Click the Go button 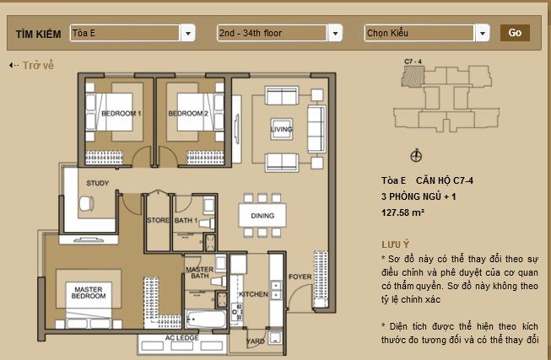point(515,33)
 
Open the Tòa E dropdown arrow point(187,34)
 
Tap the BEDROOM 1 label point(121,113)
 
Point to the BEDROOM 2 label point(187,113)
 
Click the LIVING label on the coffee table point(281,129)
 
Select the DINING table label point(262,216)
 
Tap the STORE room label point(159,221)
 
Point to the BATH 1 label point(186,221)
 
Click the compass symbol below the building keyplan point(414,154)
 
